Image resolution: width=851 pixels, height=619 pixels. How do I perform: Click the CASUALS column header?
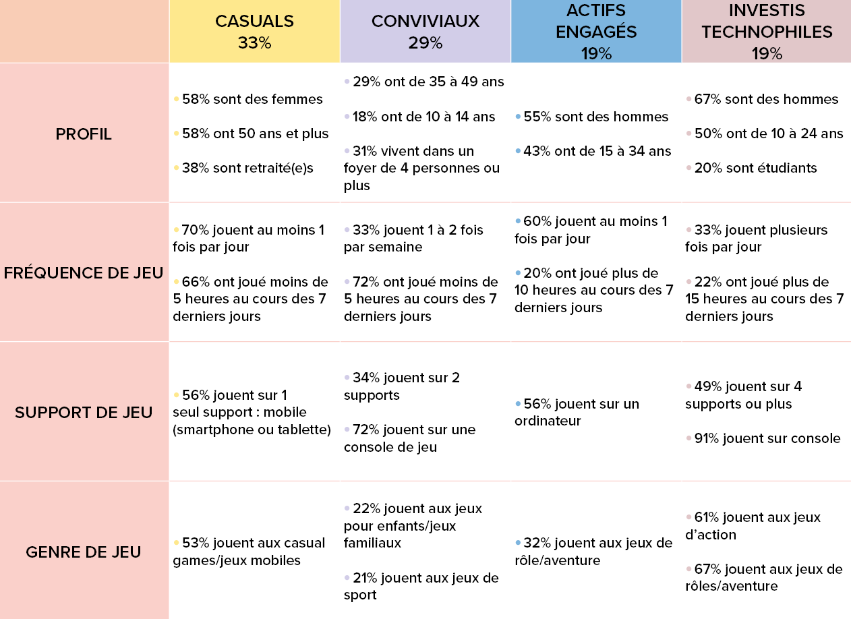pos(254,22)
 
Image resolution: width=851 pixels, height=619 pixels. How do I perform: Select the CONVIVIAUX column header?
pos(425,22)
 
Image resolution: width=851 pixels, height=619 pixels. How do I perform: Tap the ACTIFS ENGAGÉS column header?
pos(596,21)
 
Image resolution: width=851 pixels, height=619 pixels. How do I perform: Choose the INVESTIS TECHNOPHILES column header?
pos(767,21)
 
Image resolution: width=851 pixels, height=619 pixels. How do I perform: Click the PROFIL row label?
pos(84,134)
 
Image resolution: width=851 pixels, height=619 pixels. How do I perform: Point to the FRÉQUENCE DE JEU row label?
pos(84,273)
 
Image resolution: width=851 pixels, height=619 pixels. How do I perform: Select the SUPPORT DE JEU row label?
pos(84,412)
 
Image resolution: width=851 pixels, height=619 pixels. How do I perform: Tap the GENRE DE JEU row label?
pos(84,552)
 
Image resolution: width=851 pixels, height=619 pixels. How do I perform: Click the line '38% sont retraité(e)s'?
pos(247,169)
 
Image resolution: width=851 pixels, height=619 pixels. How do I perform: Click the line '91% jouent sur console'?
pos(767,439)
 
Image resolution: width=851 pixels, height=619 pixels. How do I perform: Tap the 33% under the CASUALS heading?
pos(254,43)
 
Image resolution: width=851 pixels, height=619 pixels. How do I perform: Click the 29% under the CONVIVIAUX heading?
pos(425,43)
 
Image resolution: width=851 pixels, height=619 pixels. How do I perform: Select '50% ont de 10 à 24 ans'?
pos(769,134)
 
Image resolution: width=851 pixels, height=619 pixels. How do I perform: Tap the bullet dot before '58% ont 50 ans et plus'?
pos(176,134)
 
